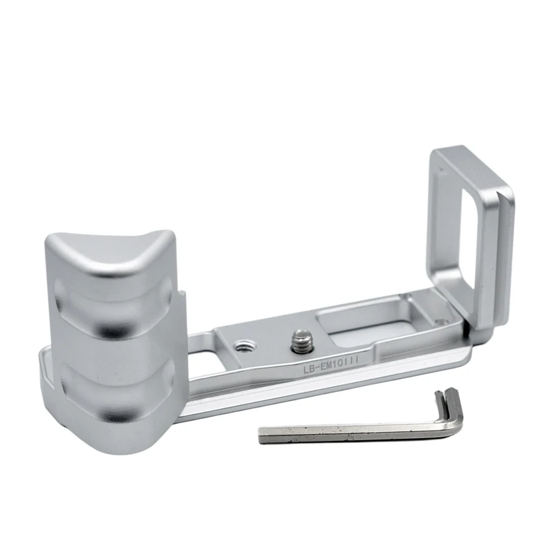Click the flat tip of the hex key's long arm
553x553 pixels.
tap(263, 435)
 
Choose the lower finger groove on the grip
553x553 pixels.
tap(111, 387)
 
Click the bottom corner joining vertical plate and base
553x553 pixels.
tap(474, 332)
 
